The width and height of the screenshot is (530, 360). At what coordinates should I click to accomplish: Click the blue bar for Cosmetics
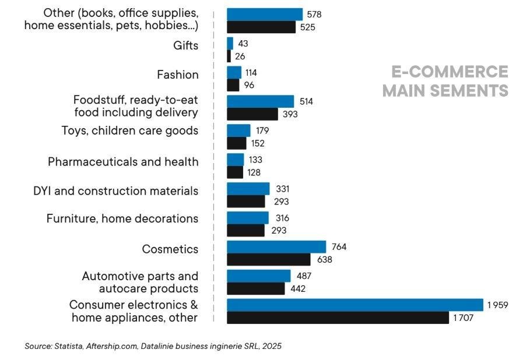(x=276, y=247)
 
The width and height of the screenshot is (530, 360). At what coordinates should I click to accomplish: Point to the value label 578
(x=314, y=14)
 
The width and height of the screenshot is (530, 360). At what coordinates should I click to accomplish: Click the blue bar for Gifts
(x=230, y=44)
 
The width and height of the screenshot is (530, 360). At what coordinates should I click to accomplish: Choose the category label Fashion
(x=178, y=75)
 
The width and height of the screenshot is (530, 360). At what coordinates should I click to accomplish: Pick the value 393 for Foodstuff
(x=290, y=114)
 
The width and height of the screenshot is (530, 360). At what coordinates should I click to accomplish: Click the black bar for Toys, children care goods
(x=236, y=143)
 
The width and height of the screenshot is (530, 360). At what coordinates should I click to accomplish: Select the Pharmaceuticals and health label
(x=123, y=161)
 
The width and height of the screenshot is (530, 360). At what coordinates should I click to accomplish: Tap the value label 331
(x=282, y=189)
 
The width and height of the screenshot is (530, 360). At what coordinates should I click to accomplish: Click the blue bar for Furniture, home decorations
(x=248, y=218)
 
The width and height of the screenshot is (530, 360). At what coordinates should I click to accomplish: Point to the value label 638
(x=324, y=260)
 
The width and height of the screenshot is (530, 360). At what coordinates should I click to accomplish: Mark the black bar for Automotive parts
(x=255, y=288)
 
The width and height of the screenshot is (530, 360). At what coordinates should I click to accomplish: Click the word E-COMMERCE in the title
(x=450, y=72)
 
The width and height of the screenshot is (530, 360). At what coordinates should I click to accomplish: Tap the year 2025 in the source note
(x=271, y=346)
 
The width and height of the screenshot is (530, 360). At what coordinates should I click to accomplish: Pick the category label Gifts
(x=186, y=45)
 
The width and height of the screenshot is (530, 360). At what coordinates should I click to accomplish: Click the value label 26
(x=240, y=57)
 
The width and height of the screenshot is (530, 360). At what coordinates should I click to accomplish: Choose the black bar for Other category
(x=261, y=27)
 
